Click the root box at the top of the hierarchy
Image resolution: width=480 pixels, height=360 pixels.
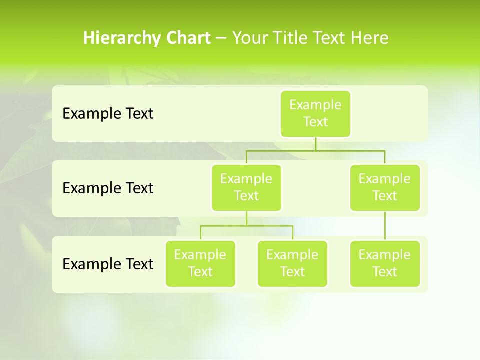(x=315, y=113)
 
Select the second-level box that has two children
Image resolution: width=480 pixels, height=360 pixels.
(x=246, y=187)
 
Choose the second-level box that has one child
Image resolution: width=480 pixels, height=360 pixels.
(x=385, y=187)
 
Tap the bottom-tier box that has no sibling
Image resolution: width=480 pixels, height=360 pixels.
(x=385, y=263)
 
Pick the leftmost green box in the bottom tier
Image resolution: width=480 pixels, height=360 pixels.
(x=200, y=263)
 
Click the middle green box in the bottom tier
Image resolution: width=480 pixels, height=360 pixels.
(x=292, y=263)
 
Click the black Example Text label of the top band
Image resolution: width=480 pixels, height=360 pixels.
(x=108, y=114)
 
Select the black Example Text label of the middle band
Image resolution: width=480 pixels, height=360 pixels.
(x=108, y=188)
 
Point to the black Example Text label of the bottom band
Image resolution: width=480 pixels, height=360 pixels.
(x=108, y=264)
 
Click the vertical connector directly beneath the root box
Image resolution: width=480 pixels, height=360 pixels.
(x=315, y=144)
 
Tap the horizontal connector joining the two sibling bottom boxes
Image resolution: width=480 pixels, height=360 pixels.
(x=246, y=226)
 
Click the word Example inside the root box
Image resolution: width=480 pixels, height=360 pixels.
(x=315, y=105)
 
